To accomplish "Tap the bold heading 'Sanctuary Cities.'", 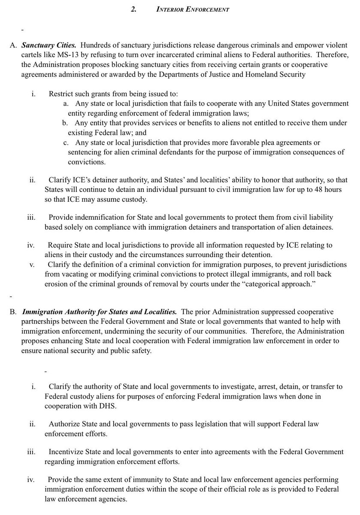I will (x=49, y=45).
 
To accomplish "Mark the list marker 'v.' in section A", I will (x=32, y=264).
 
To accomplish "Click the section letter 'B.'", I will (x=13, y=311).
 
